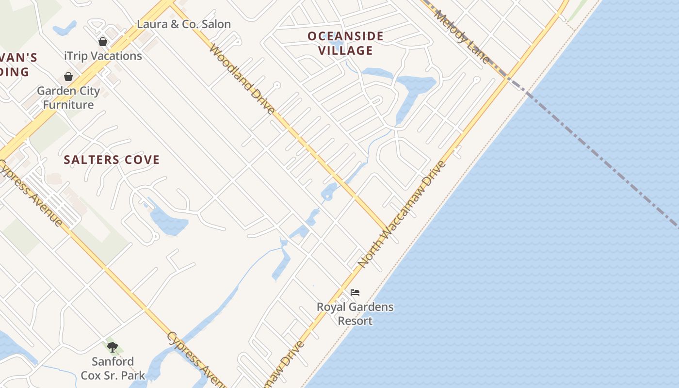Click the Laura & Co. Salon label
184,24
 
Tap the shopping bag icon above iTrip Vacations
103,42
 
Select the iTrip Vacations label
103,56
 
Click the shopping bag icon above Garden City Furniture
68,77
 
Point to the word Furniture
68,104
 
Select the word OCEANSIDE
345,36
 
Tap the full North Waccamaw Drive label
402,213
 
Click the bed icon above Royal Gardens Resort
355,292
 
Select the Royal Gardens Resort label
355,314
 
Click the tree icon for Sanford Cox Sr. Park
113,347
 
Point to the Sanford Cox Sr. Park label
113,368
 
